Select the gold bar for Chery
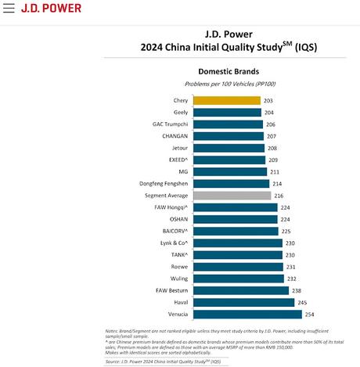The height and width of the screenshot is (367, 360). pyautogui.click(x=227, y=100)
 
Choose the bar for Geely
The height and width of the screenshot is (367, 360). pyautogui.click(x=227, y=112)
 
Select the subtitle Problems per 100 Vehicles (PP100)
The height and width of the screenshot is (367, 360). pyautogui.click(x=229, y=83)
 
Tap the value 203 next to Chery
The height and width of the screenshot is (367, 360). pyautogui.click(x=269, y=100)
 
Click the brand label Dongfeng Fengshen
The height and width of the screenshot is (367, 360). pyautogui.click(x=163, y=183)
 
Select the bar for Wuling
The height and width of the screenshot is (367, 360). pyautogui.click(x=236, y=278)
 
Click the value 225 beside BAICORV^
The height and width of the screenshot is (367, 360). pyautogui.click(x=286, y=231)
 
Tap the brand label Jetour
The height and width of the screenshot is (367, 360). pyautogui.click(x=179, y=147)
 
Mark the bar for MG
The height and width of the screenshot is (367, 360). pyautogui.click(x=229, y=171)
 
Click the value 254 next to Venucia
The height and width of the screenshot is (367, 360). pyautogui.click(x=310, y=313)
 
